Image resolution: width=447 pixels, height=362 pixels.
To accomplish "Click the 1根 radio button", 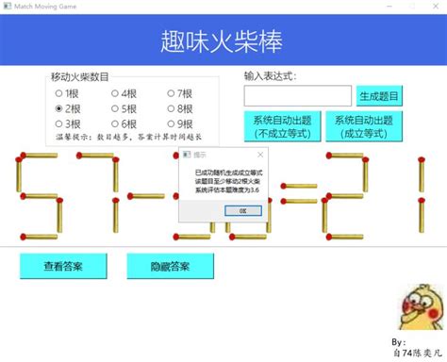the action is point(59,93).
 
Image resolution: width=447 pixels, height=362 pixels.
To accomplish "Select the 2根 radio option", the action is point(59,108).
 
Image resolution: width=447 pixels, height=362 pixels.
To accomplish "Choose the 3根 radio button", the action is point(59,123).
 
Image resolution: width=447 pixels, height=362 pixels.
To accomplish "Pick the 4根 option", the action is point(115,93).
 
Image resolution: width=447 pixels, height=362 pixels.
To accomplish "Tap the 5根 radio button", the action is point(115,108).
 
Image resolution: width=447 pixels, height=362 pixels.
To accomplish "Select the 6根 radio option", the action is point(115,123).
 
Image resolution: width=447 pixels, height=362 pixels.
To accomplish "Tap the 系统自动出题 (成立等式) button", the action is point(361,126).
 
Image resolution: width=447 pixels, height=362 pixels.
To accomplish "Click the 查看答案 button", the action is point(63,266).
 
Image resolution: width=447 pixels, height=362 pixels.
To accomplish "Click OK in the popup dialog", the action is point(242,210).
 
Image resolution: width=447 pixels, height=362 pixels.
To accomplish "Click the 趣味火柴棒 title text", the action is point(222,41).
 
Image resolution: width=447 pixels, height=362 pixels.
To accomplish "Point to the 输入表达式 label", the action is point(270,75).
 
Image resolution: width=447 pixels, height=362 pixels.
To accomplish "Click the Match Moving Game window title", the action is point(46,6).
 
